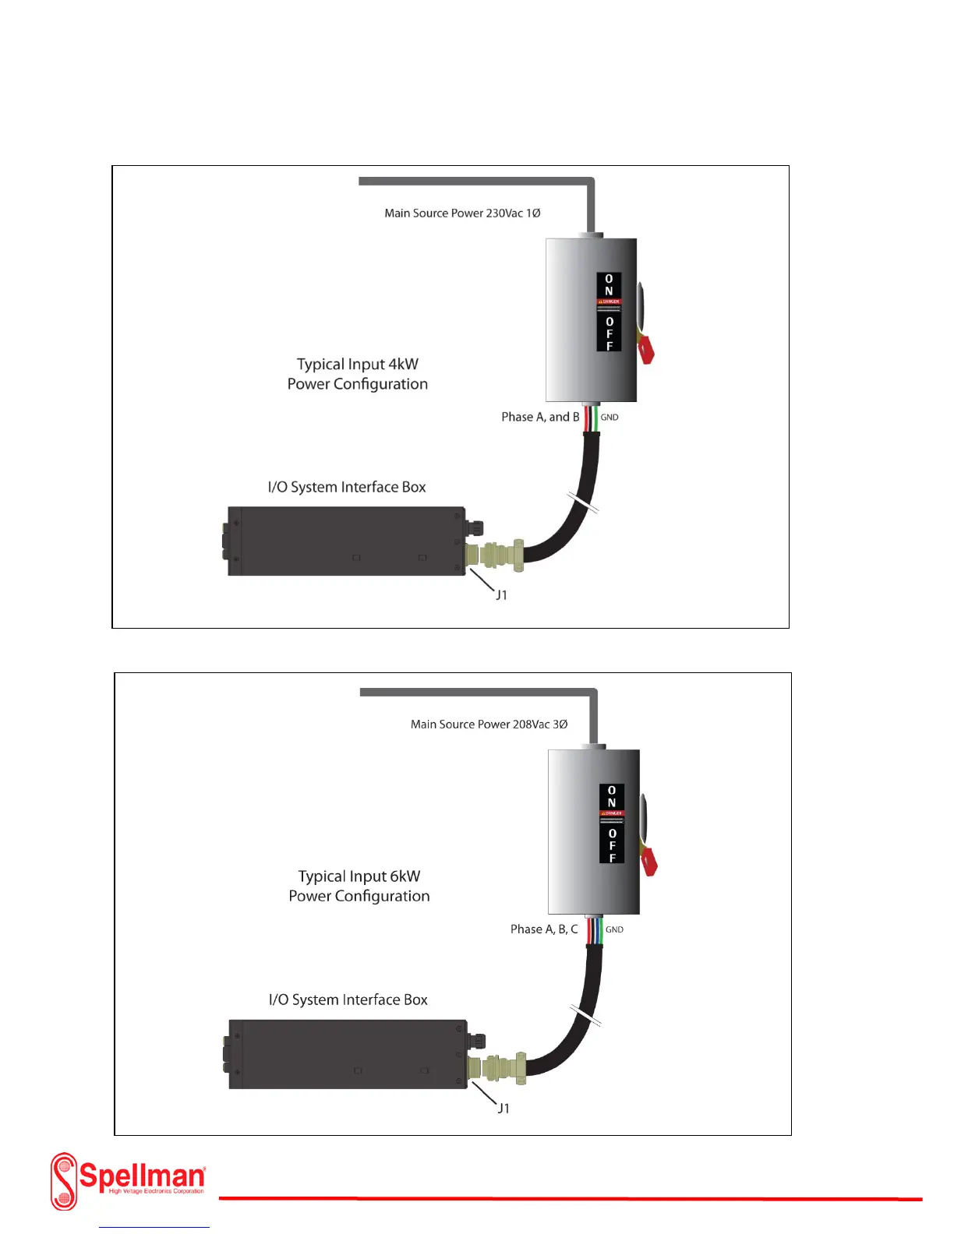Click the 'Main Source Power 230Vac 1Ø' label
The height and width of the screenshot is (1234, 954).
point(462,213)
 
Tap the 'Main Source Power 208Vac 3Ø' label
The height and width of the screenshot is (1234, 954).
point(489,725)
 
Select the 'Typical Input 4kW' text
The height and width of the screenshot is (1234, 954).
point(358,365)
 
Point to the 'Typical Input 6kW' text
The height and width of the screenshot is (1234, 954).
point(359,876)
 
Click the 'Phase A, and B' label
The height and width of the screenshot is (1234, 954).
point(540,418)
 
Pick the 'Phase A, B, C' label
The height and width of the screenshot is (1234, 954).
point(544,929)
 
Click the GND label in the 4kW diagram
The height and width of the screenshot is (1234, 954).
point(609,418)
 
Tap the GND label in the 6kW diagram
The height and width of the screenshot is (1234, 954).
point(614,929)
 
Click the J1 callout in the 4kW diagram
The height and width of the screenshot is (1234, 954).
point(501,595)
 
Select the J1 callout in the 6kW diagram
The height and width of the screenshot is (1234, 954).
point(503,1109)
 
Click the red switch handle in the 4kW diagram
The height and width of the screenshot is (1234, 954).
point(645,350)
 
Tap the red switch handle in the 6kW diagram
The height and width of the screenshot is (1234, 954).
point(648,862)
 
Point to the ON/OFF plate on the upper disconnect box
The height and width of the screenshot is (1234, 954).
point(609,312)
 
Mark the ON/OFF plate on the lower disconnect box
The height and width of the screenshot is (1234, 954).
point(612,823)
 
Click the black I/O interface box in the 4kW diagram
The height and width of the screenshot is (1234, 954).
point(347,541)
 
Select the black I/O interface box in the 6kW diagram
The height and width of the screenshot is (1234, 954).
point(348,1054)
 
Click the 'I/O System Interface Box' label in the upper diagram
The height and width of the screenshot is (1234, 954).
point(347,488)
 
